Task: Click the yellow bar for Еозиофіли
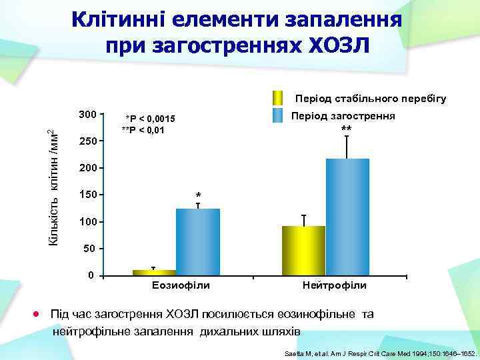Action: click(x=154, y=272)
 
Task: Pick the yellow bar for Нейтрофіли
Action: click(x=303, y=250)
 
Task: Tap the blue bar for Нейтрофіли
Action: click(x=347, y=217)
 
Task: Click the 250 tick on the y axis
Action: click(x=87, y=141)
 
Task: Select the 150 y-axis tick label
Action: click(x=87, y=195)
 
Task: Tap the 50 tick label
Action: click(x=90, y=249)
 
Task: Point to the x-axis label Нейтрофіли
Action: click(x=334, y=285)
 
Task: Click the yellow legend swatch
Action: click(x=279, y=97)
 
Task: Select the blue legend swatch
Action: click(x=279, y=115)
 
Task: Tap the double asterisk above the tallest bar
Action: click(x=345, y=129)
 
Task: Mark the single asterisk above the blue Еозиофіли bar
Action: click(x=198, y=196)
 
